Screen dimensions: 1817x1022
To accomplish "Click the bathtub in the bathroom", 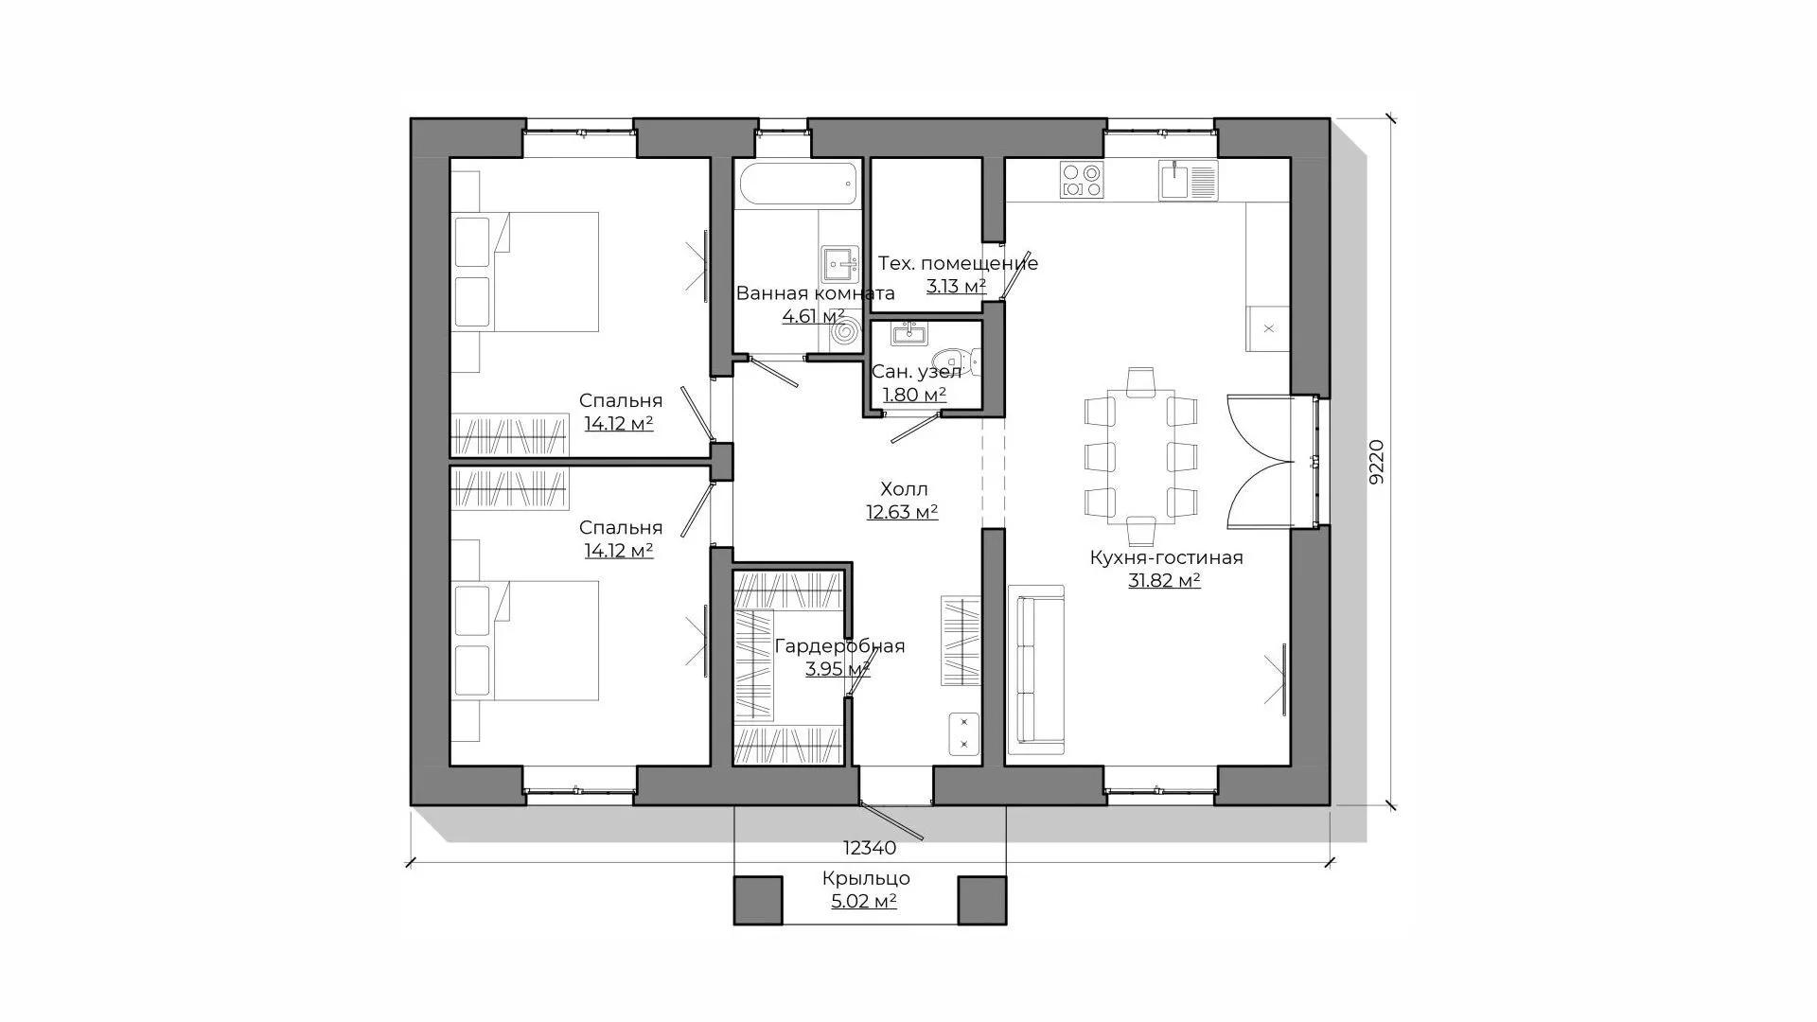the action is pyautogui.click(x=799, y=184).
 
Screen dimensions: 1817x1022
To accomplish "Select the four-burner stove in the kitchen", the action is pyautogui.click(x=1082, y=180).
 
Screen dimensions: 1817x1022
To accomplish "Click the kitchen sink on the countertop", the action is pyautogui.click(x=1189, y=180).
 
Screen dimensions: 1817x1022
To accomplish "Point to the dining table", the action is pyautogui.click(x=1140, y=456).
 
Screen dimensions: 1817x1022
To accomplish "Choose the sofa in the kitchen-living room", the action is pyautogui.click(x=1036, y=670).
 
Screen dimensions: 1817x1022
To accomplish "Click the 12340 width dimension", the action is pyautogui.click(x=870, y=849).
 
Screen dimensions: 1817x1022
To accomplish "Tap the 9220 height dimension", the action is pyautogui.click(x=1377, y=462).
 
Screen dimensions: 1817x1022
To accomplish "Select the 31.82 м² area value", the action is pyautogui.click(x=1164, y=580).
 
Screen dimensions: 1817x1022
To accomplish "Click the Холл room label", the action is pyautogui.click(x=904, y=489).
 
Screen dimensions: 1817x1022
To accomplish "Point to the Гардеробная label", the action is pyautogui.click(x=839, y=646).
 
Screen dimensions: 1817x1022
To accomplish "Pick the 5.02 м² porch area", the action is pyautogui.click(x=864, y=901).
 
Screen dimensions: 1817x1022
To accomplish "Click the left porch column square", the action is pyautogui.click(x=758, y=900).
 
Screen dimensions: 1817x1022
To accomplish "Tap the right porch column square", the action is pyautogui.click(x=981, y=900).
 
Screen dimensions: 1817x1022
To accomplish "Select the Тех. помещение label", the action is pyautogui.click(x=958, y=263).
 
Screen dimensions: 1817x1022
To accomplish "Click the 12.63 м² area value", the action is pyautogui.click(x=902, y=512).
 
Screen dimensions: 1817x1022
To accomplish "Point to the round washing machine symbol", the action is pyautogui.click(x=845, y=332).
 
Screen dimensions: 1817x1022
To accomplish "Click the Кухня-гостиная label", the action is pyautogui.click(x=1166, y=557).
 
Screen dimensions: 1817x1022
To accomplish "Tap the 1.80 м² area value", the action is pyautogui.click(x=914, y=395).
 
